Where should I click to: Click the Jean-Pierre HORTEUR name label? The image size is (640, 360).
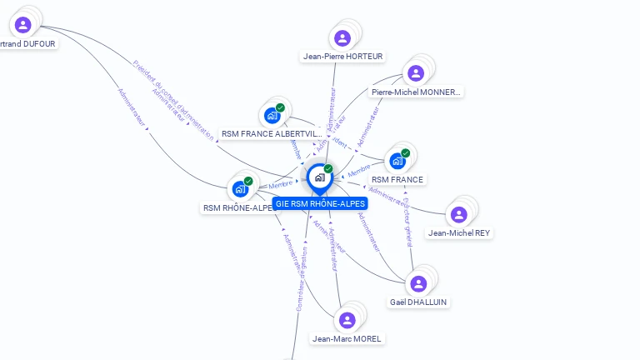click(342, 57)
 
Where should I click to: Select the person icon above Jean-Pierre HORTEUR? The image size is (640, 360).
click(342, 37)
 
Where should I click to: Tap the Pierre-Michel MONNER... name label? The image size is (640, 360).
click(416, 92)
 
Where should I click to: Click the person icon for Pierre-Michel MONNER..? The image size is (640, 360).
click(414, 72)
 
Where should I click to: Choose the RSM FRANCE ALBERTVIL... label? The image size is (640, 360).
click(271, 134)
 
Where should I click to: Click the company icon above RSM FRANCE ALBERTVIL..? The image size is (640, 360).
click(272, 115)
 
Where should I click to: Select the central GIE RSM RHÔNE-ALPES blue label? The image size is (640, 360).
click(320, 203)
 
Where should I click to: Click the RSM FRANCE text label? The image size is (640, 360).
click(397, 180)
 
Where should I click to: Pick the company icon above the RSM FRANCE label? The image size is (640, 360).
click(397, 161)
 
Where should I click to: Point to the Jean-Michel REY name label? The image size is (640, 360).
click(459, 233)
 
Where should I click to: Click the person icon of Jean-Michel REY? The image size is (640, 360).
click(458, 214)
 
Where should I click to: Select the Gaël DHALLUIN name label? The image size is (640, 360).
click(419, 302)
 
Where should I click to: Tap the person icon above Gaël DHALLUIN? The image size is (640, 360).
click(418, 283)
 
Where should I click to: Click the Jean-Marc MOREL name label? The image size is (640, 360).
click(347, 339)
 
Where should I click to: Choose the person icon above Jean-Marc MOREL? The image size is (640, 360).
click(347, 320)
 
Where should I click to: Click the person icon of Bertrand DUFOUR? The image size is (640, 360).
click(23, 25)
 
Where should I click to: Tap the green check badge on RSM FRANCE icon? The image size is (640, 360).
click(406, 153)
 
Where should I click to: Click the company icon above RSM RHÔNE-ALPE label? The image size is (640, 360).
click(240, 189)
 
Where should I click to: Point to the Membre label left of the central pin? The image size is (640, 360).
click(281, 183)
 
